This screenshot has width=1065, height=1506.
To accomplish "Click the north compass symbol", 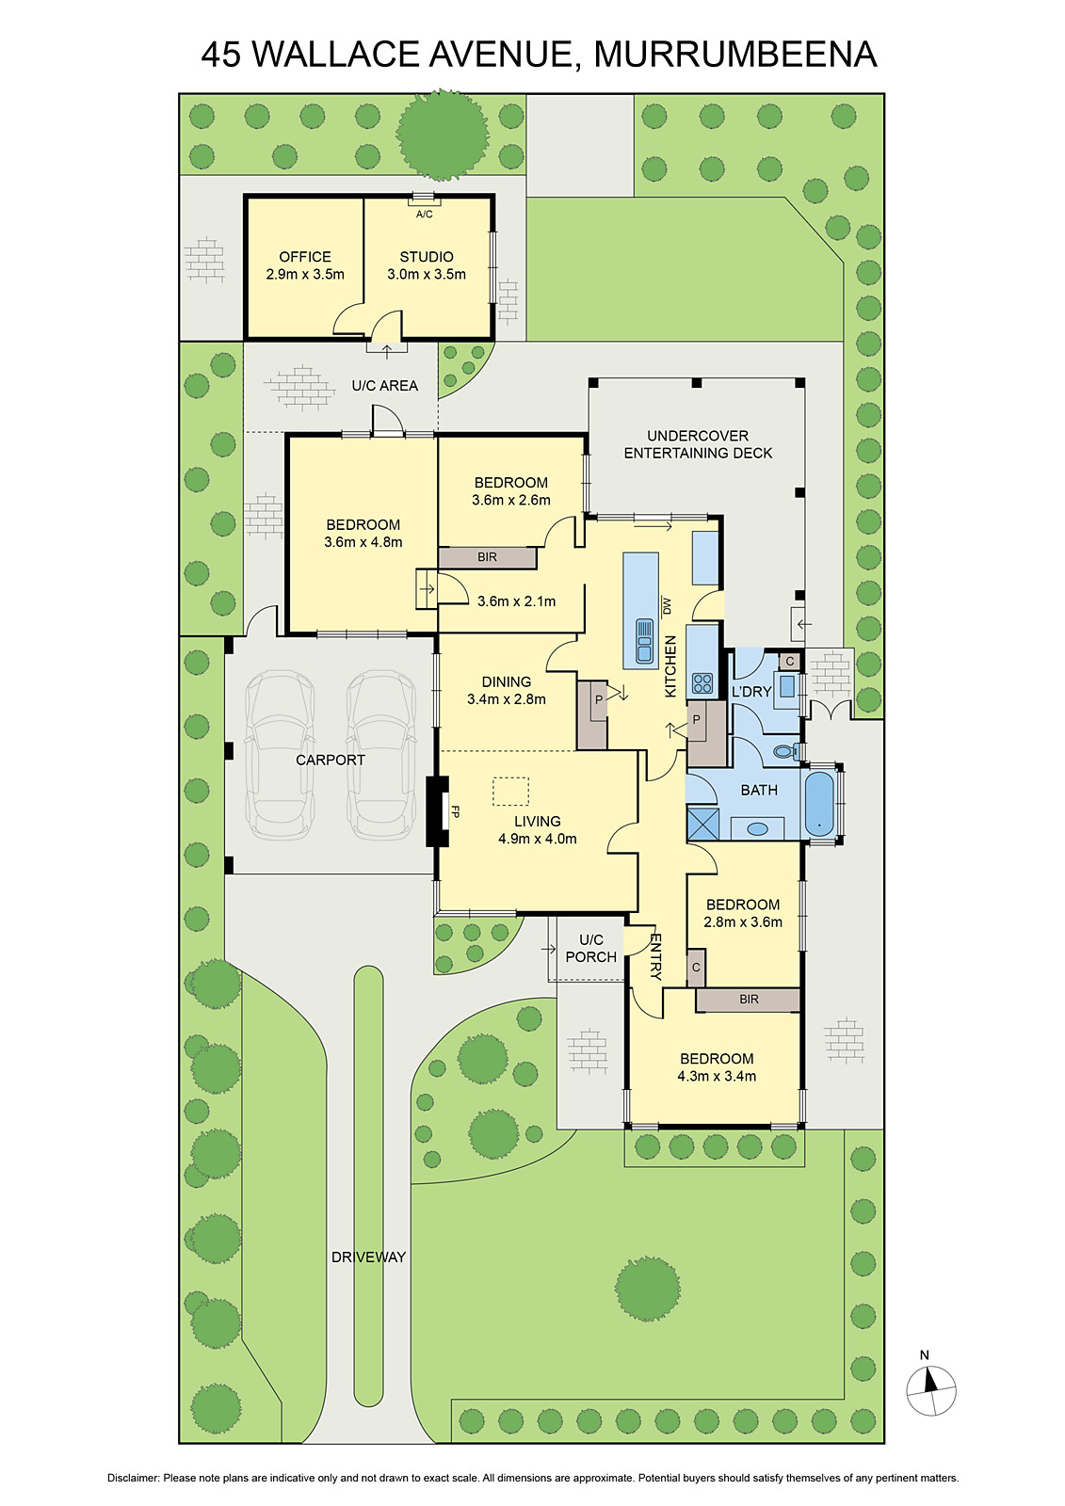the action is coord(930,1389).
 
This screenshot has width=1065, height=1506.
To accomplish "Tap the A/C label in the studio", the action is coord(424,215).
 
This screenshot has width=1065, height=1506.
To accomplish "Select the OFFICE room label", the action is coord(305,257).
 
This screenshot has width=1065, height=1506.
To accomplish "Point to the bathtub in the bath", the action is coord(819,804).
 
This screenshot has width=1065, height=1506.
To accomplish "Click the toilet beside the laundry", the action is coord(786,751).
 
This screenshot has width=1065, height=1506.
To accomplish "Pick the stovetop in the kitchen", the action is coord(702,683).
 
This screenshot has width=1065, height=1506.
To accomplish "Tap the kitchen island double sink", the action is coord(644,641).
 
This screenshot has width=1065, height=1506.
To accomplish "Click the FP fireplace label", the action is coord(455,811).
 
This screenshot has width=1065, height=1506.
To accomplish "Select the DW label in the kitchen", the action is coord(668,606).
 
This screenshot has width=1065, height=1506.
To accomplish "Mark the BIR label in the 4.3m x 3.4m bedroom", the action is coord(749,999).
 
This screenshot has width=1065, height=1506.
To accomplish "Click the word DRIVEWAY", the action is coord(369,1257).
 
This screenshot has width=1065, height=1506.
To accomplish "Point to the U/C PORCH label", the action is coord(590,948).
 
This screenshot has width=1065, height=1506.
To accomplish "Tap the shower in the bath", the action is coord(703,825).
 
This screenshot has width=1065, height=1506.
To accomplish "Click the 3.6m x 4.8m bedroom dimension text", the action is coord(363,542).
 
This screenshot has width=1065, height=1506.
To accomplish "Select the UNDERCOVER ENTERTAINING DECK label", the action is coord(698,444).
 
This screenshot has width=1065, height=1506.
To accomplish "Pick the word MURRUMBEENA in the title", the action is coord(735,55).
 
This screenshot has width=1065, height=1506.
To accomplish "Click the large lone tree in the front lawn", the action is coord(648,1289).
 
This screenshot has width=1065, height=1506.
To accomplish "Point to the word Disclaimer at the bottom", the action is coord(133,1478).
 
